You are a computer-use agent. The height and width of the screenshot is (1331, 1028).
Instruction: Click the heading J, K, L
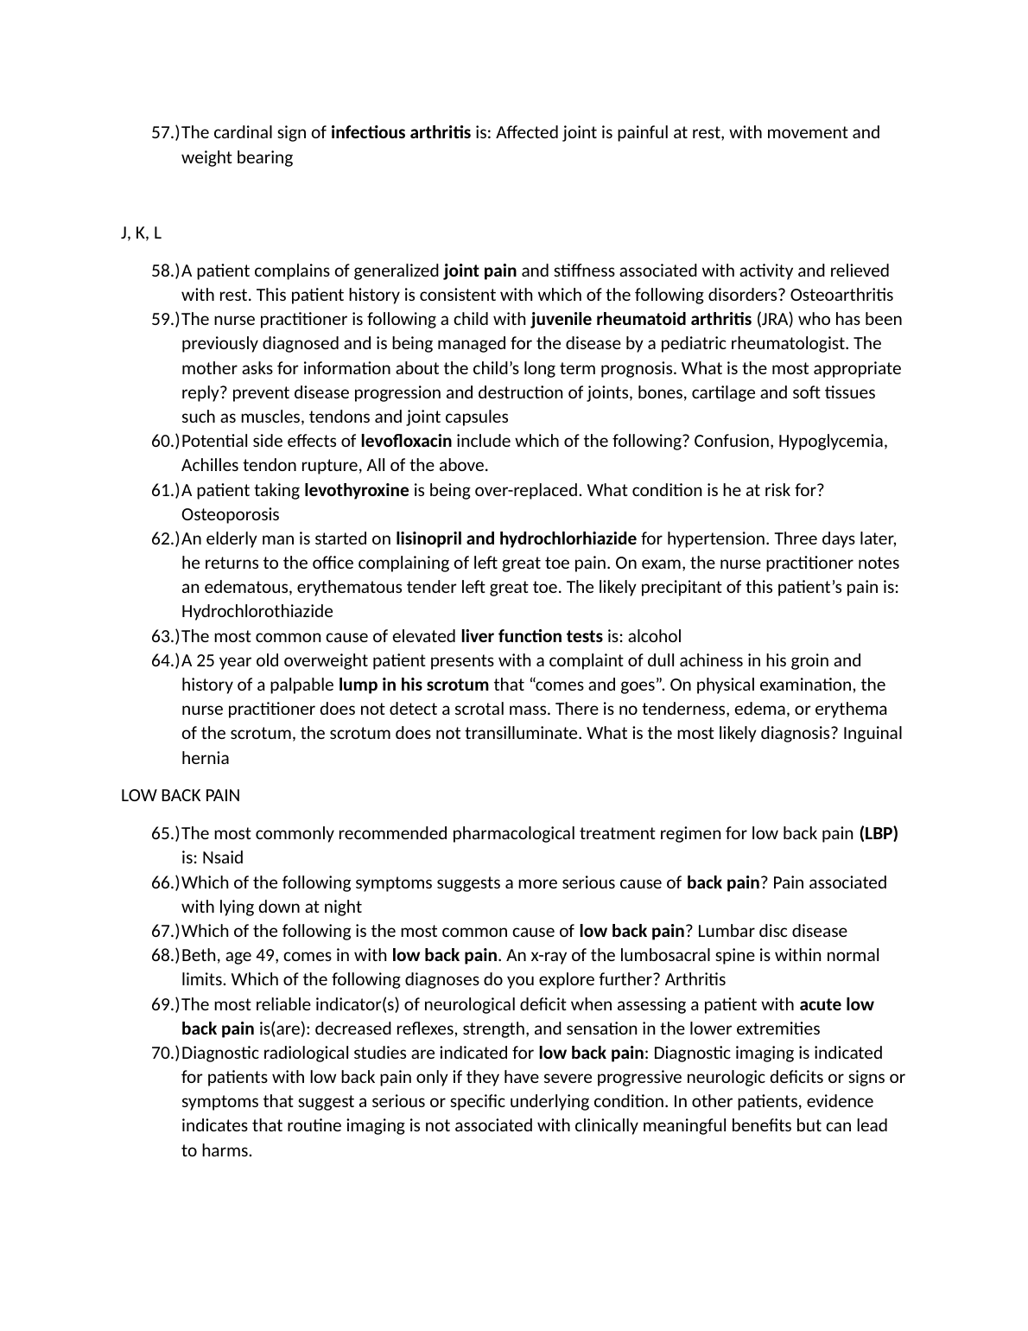(141, 233)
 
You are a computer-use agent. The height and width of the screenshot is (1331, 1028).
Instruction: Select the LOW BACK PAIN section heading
(180, 795)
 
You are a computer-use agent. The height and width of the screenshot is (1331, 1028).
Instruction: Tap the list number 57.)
(165, 133)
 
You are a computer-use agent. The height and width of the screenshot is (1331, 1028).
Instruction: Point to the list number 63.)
(165, 637)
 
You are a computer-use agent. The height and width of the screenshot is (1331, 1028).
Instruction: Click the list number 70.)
(165, 1054)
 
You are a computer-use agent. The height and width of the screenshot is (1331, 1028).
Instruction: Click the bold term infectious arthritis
(401, 133)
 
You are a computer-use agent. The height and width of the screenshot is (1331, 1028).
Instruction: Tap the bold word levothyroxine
(357, 491)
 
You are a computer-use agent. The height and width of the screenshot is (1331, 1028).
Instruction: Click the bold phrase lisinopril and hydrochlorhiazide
(516, 539)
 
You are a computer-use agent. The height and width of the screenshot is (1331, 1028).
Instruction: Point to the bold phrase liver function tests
(531, 637)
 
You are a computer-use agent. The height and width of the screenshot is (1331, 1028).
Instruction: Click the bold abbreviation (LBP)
(879, 834)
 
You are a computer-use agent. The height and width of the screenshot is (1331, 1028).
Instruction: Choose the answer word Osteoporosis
(230, 515)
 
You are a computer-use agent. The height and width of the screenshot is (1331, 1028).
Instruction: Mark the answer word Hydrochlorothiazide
(257, 612)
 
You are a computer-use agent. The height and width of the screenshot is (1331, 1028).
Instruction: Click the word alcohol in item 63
(654, 637)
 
